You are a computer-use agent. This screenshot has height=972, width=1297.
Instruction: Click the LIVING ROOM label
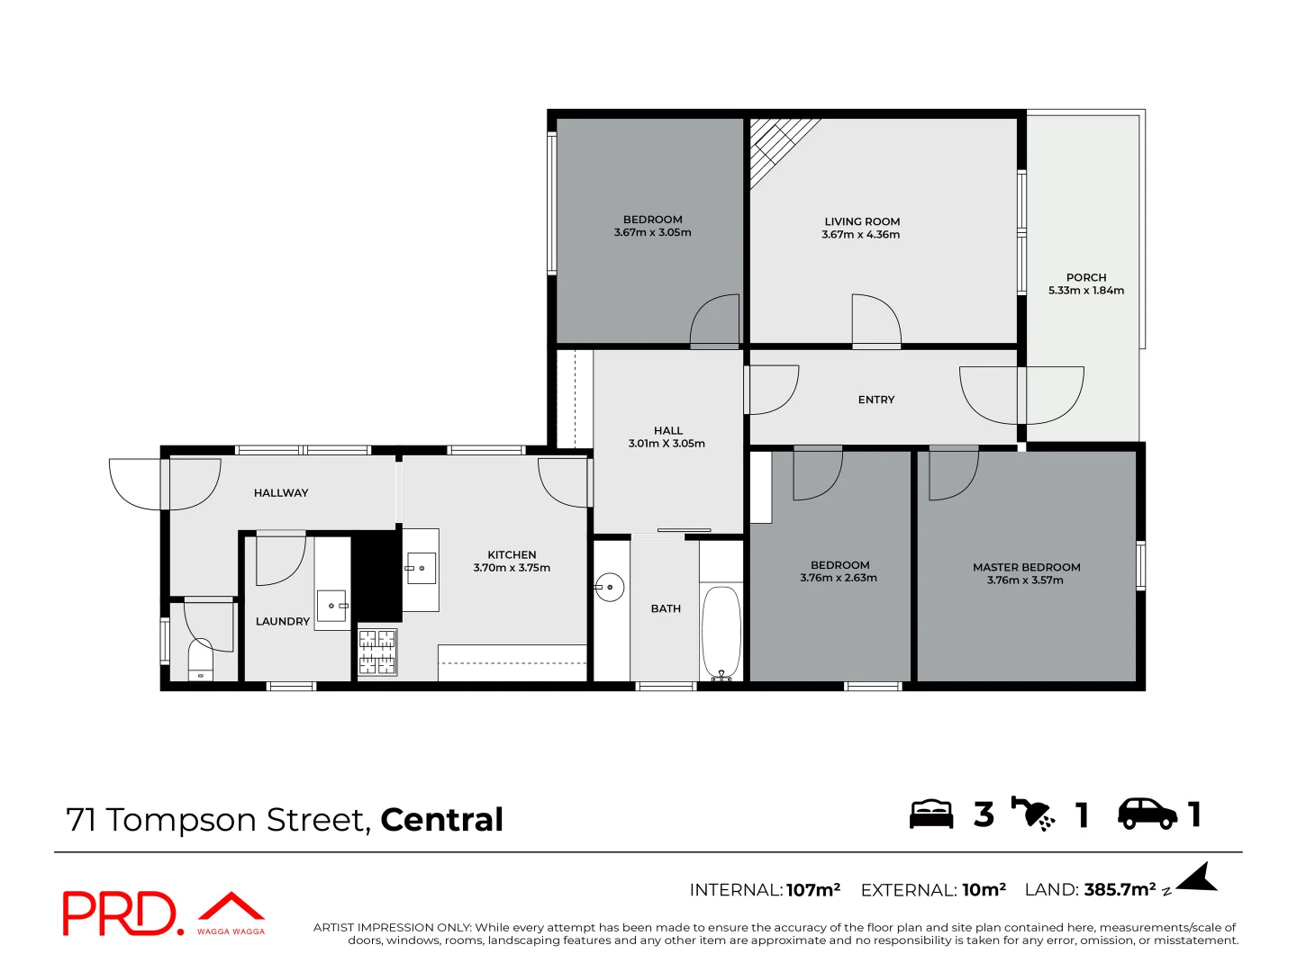tap(862, 221)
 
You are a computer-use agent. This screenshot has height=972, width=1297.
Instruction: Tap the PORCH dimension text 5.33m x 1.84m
tap(1085, 291)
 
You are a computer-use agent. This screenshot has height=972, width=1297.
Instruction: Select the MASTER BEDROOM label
tap(1026, 567)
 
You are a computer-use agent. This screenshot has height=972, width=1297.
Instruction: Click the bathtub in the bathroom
tap(721, 632)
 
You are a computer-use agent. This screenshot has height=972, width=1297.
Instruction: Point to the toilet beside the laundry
tap(200, 662)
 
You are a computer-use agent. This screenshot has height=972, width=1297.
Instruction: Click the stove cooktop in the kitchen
tap(377, 652)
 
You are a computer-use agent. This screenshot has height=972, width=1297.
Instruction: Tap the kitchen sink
tap(421, 569)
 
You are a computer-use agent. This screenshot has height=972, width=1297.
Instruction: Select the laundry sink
tap(332, 606)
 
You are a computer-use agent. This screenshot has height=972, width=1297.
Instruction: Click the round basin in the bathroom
tap(610, 588)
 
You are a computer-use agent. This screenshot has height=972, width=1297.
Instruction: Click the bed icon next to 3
tap(930, 814)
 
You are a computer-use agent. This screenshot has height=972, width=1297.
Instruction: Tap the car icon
tap(1147, 814)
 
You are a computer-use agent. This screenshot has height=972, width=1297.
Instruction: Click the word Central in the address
tap(441, 820)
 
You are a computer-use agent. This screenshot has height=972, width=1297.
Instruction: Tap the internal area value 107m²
tap(812, 890)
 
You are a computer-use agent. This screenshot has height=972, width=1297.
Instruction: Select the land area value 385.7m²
tap(1120, 890)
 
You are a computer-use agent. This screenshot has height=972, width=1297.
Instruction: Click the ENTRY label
tap(875, 400)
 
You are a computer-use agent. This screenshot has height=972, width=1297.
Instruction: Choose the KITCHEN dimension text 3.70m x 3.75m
tap(512, 568)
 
